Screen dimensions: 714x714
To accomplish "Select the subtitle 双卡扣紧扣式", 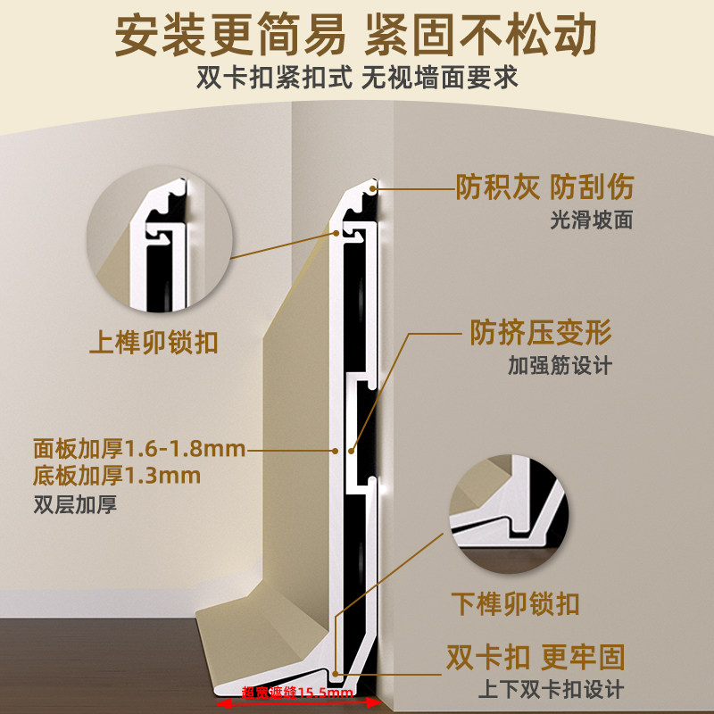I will (274, 78).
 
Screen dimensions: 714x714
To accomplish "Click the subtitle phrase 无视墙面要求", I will (439, 78).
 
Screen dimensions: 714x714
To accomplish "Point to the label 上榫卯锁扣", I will (154, 343).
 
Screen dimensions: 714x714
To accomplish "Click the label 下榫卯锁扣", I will (514, 602).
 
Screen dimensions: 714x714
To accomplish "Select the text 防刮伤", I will (591, 187).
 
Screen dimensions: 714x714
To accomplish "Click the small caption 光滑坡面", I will (591, 220).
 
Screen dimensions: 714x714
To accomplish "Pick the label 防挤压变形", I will (540, 333).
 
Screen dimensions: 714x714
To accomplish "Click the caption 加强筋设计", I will (560, 365).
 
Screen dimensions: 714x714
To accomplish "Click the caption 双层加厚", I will (75, 504).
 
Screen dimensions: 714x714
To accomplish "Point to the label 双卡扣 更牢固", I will (535, 658).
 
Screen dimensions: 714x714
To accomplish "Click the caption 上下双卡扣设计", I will (551, 689).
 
